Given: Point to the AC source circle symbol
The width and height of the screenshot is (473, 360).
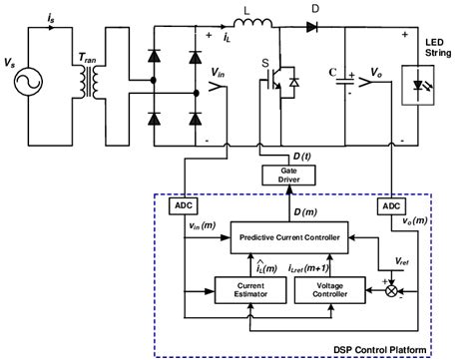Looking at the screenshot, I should [x=33, y=76].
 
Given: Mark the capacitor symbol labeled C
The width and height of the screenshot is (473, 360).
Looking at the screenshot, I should [x=345, y=77].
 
